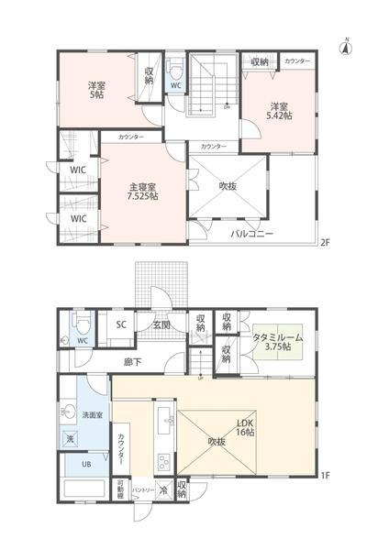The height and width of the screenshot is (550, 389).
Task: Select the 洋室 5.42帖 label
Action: point(277,110)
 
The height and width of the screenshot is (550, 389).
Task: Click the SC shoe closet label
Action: point(119,324)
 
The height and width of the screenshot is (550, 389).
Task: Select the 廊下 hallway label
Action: point(132,362)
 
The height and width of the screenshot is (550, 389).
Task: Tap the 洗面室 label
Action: point(92,415)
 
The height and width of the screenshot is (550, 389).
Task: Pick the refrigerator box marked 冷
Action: point(162,489)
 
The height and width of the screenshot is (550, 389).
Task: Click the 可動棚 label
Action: point(120,489)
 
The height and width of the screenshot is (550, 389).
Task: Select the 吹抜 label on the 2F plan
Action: point(228,184)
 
